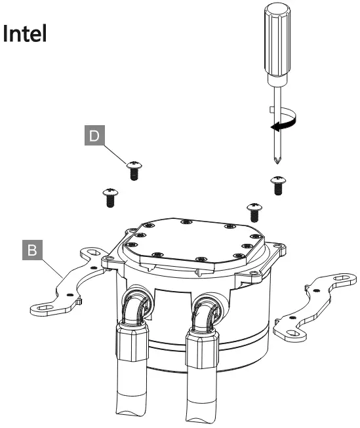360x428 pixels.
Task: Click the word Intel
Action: (x=26, y=34)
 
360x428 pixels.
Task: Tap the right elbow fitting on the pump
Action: (x=205, y=309)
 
